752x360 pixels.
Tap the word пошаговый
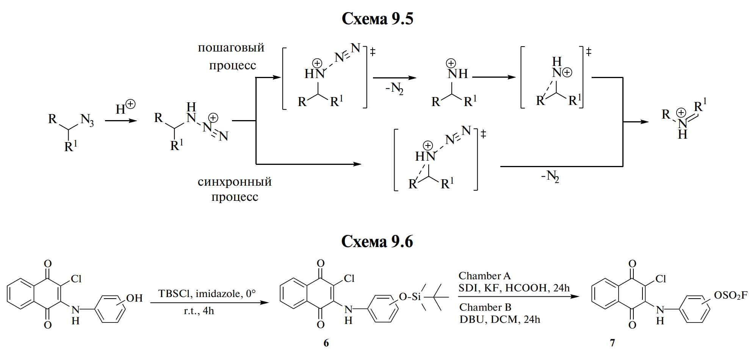(231, 48)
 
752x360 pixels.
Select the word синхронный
(235, 182)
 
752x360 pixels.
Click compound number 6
(326, 343)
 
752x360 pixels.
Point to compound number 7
(612, 343)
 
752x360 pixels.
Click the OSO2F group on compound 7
(731, 295)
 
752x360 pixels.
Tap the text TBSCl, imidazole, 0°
(207, 294)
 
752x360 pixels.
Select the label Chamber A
(484, 275)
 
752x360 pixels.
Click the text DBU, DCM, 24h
(500, 319)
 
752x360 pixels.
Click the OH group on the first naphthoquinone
(134, 298)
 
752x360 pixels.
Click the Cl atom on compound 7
(660, 279)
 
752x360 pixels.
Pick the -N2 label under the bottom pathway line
(550, 177)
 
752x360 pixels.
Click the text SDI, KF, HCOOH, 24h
(514, 288)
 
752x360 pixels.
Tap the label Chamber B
(485, 307)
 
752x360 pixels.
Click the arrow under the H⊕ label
(121, 121)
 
